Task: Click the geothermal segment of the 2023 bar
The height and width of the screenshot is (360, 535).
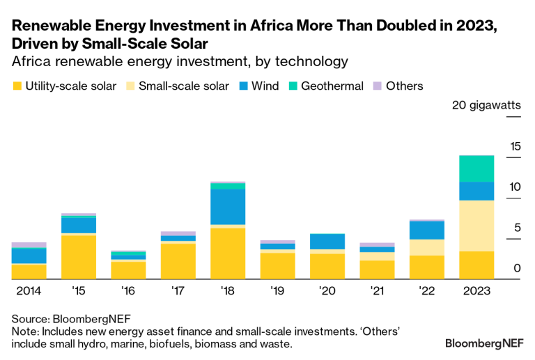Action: coord(476,169)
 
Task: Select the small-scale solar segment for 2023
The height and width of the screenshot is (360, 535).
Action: coord(476,226)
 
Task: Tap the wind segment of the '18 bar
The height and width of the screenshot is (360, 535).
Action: coord(228,207)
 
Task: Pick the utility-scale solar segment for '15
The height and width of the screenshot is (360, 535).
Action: coord(79,258)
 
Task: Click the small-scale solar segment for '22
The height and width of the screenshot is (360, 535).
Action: coord(427,247)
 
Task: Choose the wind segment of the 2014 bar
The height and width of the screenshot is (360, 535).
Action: coord(29,256)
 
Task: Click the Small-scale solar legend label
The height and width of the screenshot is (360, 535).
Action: coord(184,86)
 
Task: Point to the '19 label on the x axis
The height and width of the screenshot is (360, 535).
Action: coord(277,290)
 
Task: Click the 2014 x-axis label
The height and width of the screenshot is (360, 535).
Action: coord(29,290)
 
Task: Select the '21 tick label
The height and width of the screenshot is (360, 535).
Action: coord(377,290)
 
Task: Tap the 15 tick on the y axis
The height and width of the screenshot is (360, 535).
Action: coord(515,146)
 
